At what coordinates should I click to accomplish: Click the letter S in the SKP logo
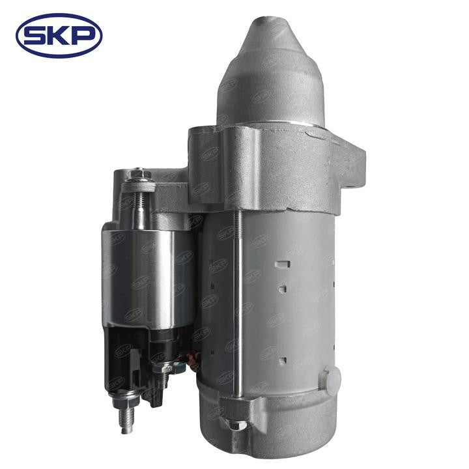35,36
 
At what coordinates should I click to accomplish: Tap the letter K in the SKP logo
59,36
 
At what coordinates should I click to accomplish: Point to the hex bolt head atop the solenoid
138,173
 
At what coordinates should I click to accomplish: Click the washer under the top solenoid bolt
139,187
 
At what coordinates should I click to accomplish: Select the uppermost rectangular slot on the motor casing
283,264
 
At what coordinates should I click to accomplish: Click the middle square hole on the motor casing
283,289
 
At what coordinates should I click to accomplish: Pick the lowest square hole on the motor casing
282,360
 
